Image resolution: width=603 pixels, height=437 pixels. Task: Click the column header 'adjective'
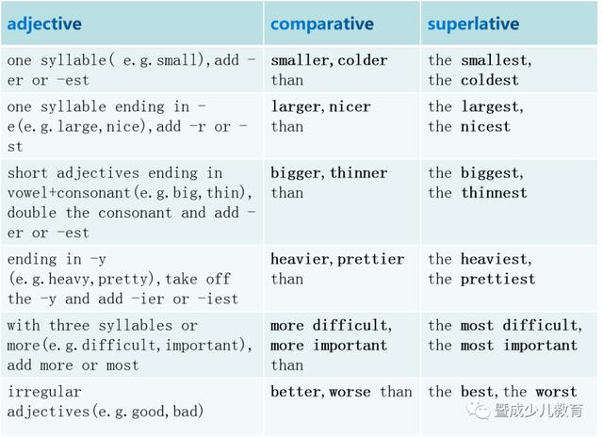coord(44,24)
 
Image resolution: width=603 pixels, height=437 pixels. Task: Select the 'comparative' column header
coord(322,24)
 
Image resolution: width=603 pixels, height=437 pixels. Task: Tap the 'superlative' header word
coord(473,24)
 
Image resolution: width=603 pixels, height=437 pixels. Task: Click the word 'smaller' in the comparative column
coord(300,60)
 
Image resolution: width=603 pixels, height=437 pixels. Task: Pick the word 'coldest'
coord(490,80)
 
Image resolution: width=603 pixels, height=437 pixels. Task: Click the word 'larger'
coord(296,107)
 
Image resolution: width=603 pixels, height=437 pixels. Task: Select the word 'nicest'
coord(486,127)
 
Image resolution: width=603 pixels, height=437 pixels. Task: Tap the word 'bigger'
coord(296,173)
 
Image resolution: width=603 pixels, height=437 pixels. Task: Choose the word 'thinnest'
coord(494,193)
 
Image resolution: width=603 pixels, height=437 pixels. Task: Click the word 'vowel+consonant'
coord(69,193)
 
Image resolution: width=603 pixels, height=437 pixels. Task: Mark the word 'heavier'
coord(300,259)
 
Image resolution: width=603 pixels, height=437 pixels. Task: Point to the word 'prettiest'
coord(498,280)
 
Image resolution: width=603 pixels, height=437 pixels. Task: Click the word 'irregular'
coord(44,392)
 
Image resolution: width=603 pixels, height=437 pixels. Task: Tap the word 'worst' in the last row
coord(556,392)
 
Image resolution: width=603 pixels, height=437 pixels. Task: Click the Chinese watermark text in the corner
coord(539,411)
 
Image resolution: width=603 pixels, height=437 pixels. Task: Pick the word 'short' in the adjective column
coord(27,173)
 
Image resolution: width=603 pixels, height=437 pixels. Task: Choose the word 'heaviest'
coord(494,259)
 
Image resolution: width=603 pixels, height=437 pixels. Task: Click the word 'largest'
coord(490,107)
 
